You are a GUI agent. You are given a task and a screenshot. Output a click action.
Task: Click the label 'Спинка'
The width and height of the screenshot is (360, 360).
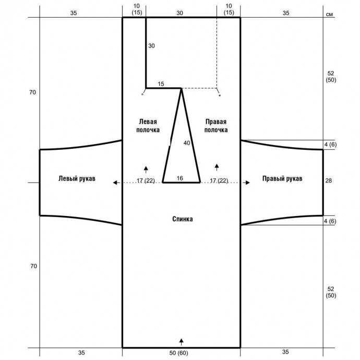(183, 219)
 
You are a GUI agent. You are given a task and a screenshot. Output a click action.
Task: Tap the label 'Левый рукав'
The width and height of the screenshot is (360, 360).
(77, 178)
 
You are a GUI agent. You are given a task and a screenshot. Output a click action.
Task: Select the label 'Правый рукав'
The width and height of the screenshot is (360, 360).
(282, 178)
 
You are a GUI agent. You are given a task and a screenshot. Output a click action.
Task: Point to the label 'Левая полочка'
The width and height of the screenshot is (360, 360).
(148, 126)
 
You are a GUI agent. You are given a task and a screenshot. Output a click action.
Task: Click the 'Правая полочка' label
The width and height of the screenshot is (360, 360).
(216, 126)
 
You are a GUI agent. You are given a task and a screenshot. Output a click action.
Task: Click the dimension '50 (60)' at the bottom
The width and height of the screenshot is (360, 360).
(178, 353)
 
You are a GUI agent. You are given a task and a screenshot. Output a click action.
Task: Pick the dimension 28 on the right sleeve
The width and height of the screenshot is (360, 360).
(329, 181)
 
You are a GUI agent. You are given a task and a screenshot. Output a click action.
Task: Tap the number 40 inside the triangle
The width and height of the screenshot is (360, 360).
(187, 143)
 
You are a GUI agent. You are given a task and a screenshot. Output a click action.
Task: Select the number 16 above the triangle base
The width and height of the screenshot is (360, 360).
(180, 178)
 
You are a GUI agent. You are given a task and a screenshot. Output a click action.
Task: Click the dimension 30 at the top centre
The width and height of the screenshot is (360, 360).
(180, 13)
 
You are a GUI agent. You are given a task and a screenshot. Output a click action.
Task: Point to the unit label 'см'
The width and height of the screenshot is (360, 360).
(329, 14)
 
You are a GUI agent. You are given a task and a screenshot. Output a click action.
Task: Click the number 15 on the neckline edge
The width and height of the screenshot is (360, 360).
(161, 84)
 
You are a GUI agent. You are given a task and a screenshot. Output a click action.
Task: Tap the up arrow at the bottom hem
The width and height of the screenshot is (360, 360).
(182, 342)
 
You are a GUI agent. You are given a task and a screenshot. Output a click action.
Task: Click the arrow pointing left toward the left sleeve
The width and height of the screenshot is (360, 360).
(116, 183)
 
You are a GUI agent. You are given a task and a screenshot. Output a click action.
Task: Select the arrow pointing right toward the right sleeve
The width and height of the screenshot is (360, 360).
(246, 183)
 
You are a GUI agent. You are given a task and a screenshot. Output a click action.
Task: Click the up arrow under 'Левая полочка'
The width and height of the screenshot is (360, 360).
(146, 170)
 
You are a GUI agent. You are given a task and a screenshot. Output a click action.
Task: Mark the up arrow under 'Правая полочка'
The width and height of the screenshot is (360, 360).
(217, 167)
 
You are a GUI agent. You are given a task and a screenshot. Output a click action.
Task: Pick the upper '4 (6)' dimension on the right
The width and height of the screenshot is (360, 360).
(330, 145)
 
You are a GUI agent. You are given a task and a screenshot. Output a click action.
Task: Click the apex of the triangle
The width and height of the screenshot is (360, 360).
(182, 88)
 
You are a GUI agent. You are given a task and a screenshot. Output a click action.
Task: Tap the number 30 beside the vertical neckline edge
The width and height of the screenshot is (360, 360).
(151, 46)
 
